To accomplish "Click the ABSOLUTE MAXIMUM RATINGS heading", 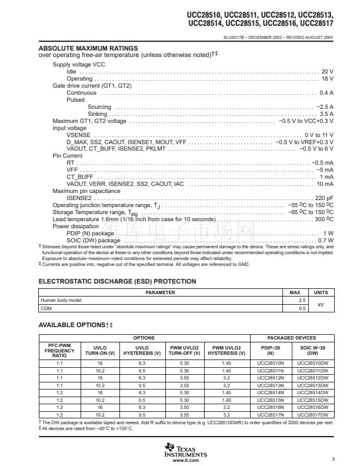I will tap(88, 48).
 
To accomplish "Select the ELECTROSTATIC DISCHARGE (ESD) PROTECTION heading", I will tap(117, 282).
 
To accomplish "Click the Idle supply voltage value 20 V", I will tap(327, 71).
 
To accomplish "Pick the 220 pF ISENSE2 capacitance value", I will tap(324, 198).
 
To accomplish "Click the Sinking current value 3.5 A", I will tap(326, 114).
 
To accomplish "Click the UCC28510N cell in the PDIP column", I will tap(271, 364).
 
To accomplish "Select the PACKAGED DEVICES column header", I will tap(291, 338).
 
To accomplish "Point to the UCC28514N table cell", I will tap(271, 392).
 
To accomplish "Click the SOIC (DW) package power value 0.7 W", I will tap(325, 240).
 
